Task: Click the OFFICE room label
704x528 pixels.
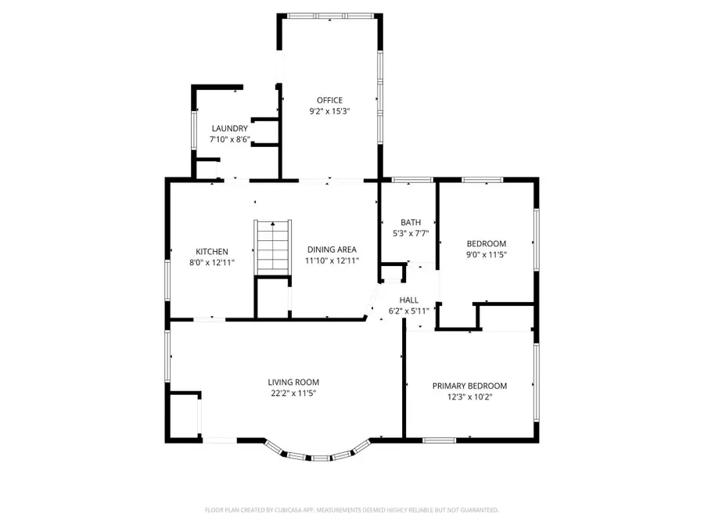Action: coord(329,100)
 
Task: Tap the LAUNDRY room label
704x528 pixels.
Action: coord(230,128)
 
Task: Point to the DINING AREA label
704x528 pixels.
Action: coord(332,250)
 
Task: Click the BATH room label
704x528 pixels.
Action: coord(411,222)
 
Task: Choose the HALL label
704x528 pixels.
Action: coord(408,300)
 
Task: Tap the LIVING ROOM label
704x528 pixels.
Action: coord(293,382)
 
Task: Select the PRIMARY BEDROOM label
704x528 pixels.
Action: coord(469,386)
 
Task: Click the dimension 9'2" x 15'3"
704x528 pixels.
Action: coord(329,111)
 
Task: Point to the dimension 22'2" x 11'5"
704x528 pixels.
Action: coord(293,393)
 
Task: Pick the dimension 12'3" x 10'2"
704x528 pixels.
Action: coord(469,397)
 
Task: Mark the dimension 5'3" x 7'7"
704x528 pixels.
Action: coord(411,233)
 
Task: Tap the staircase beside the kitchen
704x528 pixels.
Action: coord(273,246)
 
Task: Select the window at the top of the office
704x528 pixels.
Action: coord(329,16)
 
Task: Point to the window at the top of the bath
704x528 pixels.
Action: coord(412,180)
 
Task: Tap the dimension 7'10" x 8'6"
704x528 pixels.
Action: coord(230,139)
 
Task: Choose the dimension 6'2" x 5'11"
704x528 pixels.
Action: coord(408,311)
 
